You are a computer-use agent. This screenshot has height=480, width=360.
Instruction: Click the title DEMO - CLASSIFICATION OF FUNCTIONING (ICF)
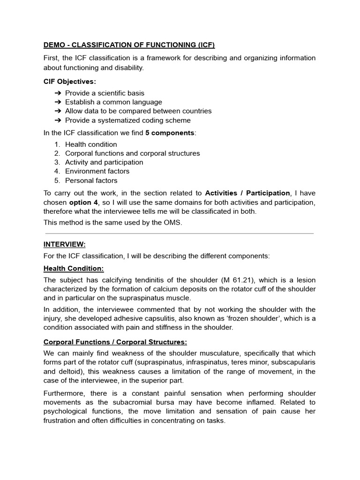point(129,45)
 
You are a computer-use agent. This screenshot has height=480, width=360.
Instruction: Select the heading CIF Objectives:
point(69,81)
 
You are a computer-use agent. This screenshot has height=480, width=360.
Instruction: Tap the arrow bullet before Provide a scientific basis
point(58,93)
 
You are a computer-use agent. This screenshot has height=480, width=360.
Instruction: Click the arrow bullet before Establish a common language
point(58,102)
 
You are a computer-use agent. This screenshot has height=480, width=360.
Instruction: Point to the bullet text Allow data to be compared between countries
point(138,111)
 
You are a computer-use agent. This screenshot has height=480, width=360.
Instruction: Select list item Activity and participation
point(104,162)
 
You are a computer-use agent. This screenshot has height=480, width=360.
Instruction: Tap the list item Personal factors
point(91,180)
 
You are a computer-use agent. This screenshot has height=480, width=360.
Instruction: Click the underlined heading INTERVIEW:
point(65,244)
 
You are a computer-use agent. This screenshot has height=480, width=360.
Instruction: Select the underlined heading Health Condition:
point(73,268)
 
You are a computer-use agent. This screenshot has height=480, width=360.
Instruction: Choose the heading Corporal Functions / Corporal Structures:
point(115,342)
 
